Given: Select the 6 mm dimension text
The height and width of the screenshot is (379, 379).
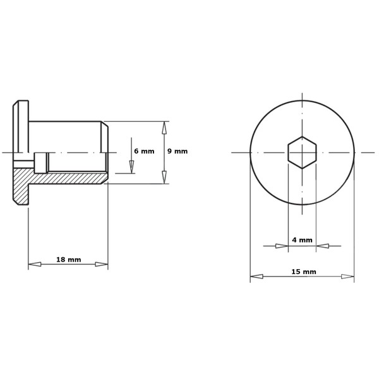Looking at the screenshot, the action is pos(144,152).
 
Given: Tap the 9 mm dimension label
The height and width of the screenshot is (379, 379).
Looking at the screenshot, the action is pos(177,152).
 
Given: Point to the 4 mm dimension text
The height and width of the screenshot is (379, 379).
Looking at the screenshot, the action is pos(302,240).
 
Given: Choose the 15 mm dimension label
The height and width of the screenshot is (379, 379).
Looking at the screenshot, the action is pos(304,272).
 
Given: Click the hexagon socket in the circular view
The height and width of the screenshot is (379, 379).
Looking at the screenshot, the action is pos(302,152).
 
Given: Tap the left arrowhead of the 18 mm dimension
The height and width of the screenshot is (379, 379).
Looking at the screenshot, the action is pos(35,264).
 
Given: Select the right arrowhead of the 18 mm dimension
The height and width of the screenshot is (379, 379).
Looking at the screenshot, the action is pos(102,264).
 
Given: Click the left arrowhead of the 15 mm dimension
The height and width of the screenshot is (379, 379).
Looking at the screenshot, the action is pos(256,276).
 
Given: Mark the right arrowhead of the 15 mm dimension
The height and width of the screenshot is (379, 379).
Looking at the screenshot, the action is pos(347,276).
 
